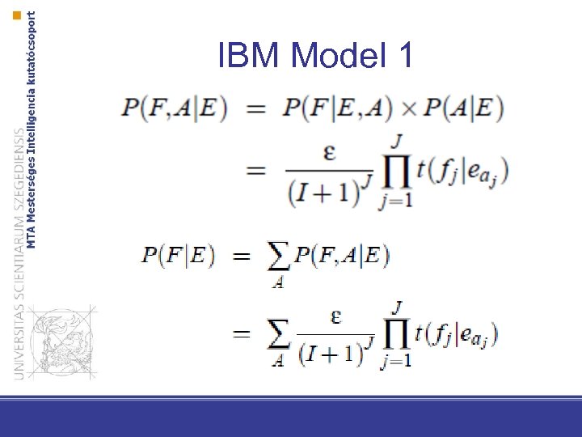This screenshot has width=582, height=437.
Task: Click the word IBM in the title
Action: [x=250, y=57]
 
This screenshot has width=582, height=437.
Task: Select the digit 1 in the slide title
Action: [x=405, y=57]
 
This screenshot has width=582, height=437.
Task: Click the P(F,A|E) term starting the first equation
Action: [x=175, y=108]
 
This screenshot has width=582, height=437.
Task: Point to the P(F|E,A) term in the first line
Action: [x=339, y=108]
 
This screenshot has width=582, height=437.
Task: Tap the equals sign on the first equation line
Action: [x=256, y=109]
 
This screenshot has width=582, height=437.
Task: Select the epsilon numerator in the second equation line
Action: [x=329, y=154]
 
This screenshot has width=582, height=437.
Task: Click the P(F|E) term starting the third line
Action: [x=179, y=256]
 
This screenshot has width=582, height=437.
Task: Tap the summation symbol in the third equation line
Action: [x=277, y=257]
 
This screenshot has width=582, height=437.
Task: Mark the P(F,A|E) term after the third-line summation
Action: [x=342, y=256]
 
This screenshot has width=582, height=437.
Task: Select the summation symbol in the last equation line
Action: [x=278, y=334]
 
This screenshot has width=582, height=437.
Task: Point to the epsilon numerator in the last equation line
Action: [x=335, y=316]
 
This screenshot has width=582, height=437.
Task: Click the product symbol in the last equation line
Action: [x=395, y=333]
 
